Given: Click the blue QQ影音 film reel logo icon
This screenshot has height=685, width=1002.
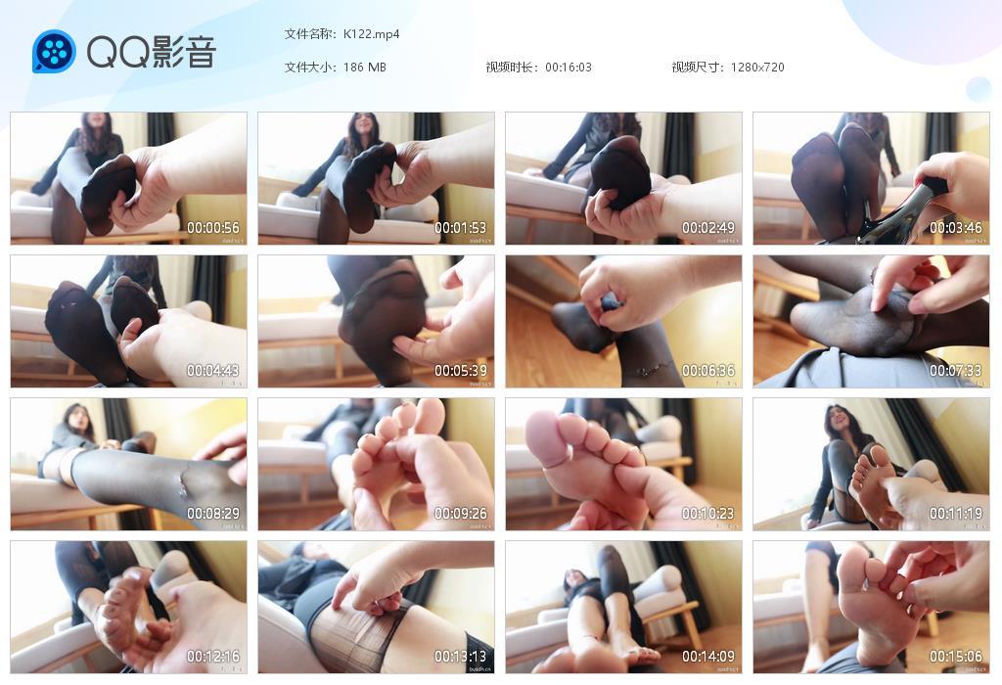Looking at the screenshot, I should (54, 52).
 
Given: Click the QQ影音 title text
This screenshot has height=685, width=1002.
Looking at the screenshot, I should (151, 52).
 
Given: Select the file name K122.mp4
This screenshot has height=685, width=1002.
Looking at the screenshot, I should (371, 34).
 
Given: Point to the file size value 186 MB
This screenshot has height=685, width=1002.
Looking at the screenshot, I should (364, 68).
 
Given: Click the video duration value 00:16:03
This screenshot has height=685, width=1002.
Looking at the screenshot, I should (569, 68).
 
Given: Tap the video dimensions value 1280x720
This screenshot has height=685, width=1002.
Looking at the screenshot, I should (757, 68).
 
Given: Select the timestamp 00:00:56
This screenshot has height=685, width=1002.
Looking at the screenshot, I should (213, 228).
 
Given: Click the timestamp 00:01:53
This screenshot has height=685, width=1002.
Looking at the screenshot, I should (461, 228).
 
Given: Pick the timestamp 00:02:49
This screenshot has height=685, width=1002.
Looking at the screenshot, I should (708, 228).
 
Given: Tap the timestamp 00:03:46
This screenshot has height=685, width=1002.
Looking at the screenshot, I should (956, 228).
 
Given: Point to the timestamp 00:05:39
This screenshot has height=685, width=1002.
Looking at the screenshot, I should (461, 371).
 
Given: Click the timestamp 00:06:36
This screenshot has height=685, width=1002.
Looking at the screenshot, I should (708, 371).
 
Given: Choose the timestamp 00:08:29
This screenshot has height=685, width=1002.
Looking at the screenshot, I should (213, 514).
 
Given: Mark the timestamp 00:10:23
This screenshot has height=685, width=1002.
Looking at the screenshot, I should (708, 514).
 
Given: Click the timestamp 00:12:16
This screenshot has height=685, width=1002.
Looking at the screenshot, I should (213, 657).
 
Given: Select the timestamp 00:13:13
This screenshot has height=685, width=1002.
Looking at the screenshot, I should (461, 657).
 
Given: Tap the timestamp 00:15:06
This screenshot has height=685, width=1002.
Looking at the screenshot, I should (956, 657).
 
